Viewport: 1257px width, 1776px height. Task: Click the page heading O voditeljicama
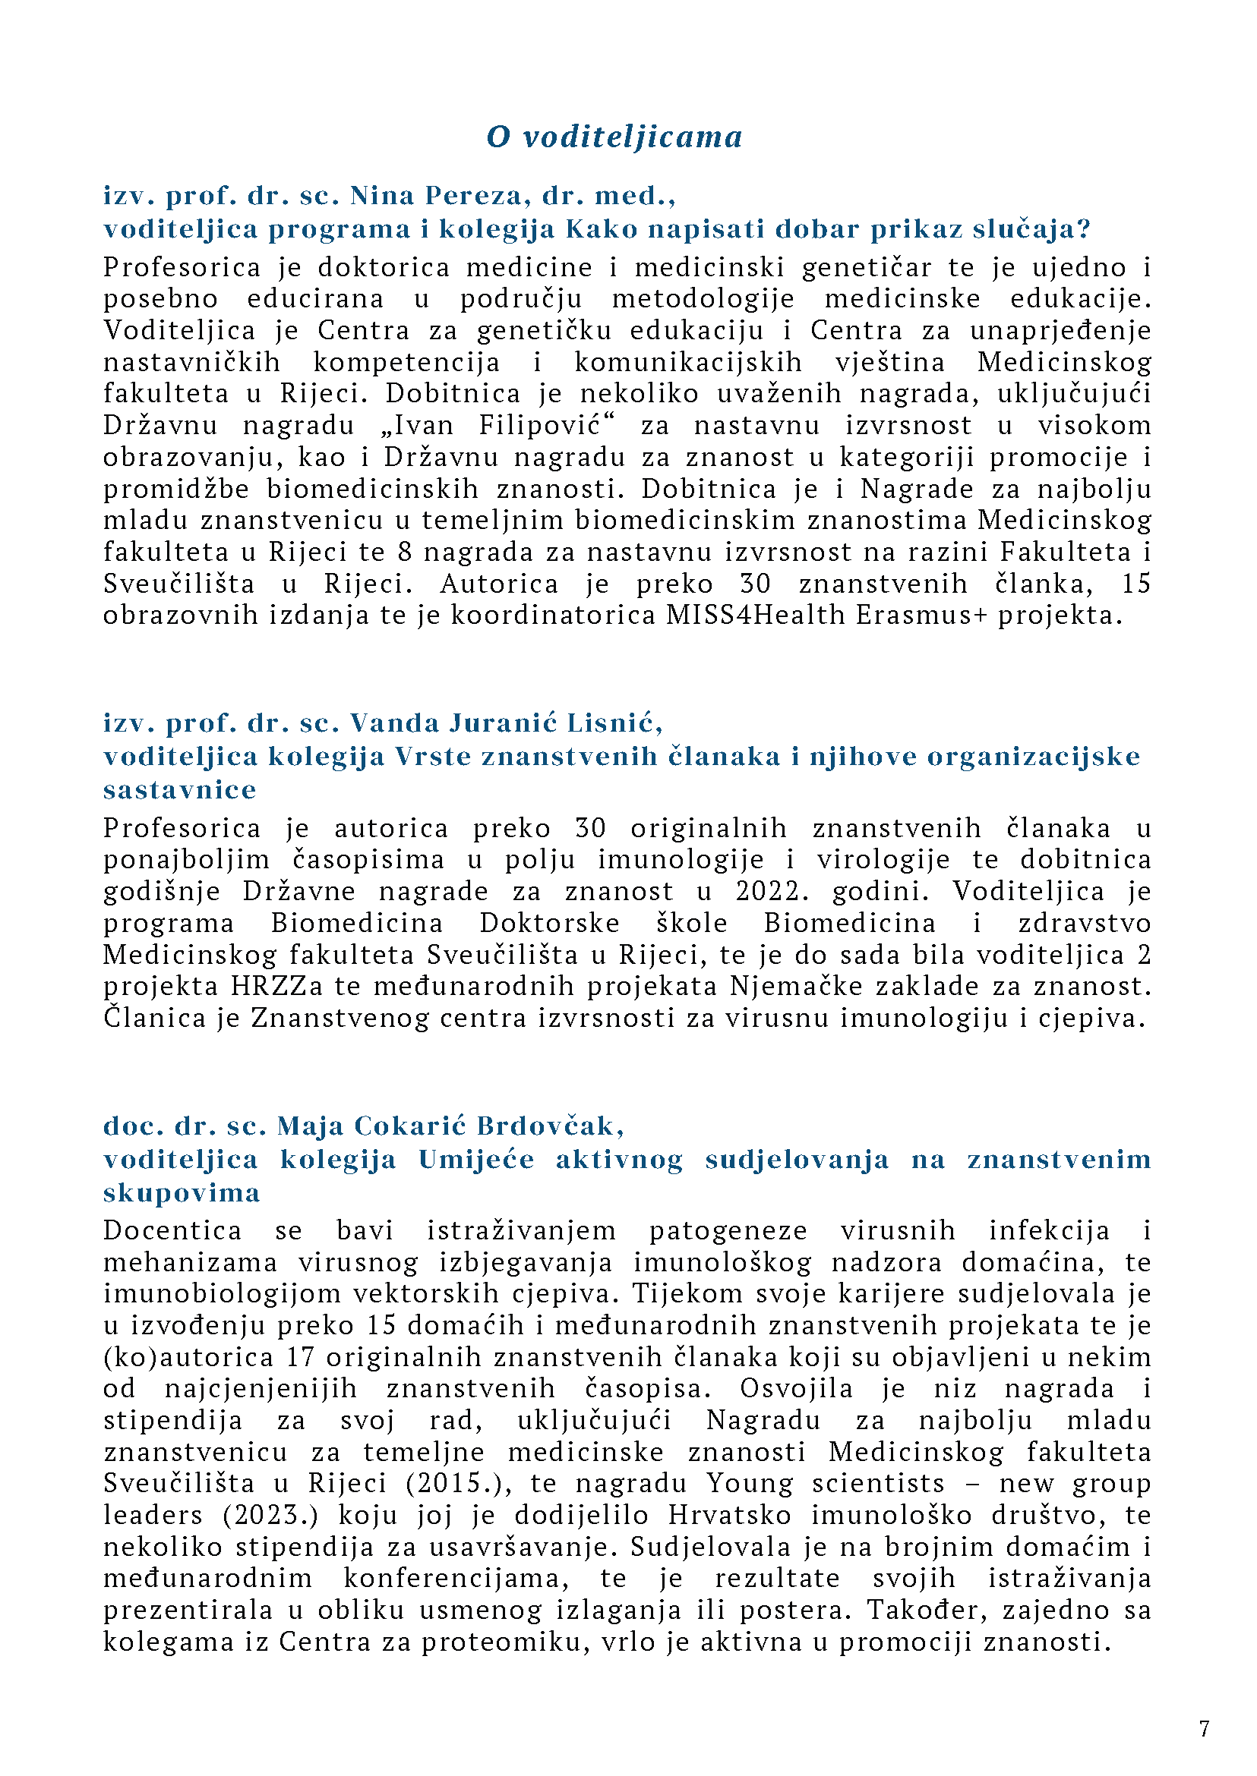coord(614,137)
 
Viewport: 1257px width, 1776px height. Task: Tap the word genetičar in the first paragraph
coord(866,268)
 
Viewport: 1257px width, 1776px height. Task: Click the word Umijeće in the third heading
coord(476,1160)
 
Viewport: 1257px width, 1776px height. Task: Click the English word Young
coord(750,1484)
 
